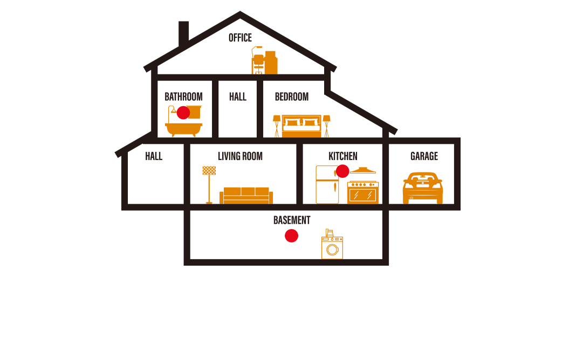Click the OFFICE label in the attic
240,38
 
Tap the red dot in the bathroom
183,113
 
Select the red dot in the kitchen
342,171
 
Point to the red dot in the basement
292,236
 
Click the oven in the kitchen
363,192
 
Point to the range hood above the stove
363,170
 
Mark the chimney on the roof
183,33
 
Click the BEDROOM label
292,97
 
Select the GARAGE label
424,156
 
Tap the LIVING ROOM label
240,156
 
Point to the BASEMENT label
292,220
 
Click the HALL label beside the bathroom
237,97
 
